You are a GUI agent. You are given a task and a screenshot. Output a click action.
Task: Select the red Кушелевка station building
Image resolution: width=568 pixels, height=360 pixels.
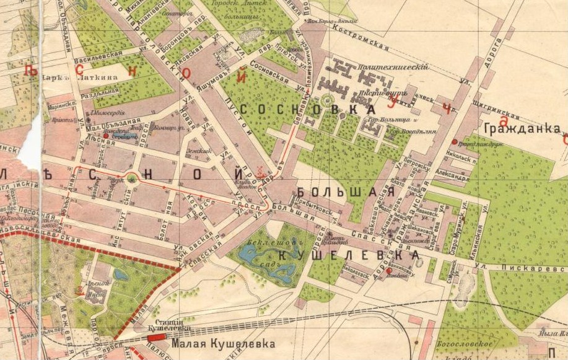click(x=157, y=336)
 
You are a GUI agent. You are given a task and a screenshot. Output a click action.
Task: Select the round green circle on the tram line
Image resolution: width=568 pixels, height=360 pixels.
click(x=131, y=179)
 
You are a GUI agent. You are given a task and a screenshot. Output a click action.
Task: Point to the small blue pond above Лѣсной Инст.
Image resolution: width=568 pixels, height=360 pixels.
click(x=118, y=273)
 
